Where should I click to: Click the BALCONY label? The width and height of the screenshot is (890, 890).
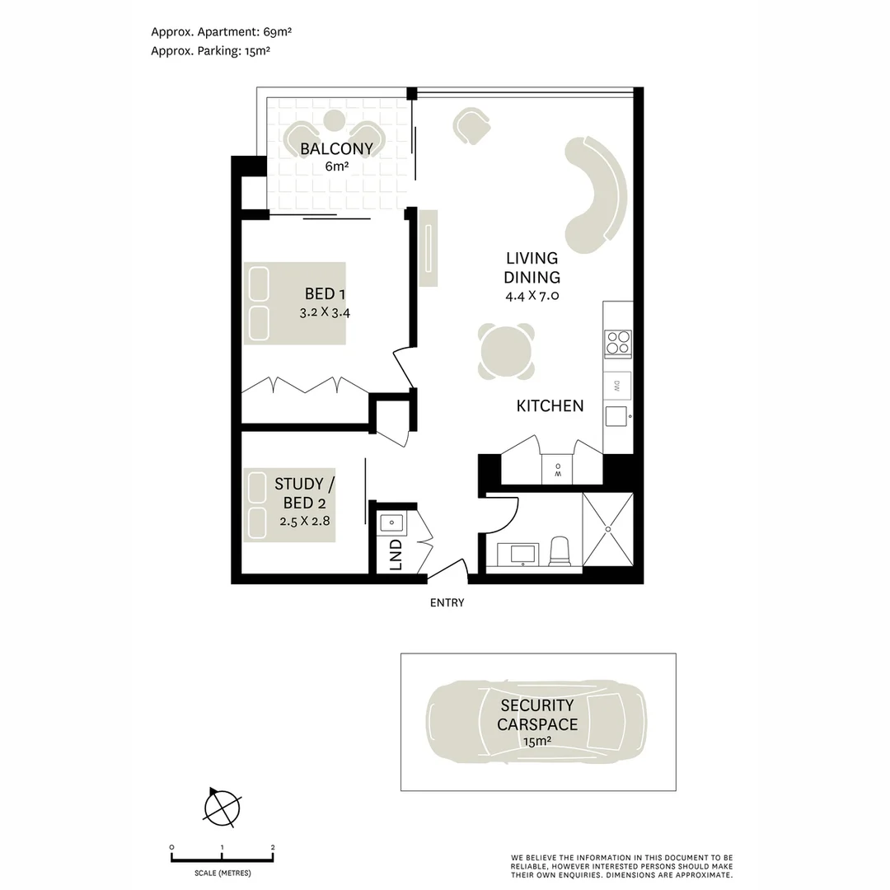click(336, 148)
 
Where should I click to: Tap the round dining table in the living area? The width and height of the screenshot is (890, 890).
click(506, 351)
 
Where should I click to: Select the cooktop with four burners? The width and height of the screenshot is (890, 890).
click(618, 343)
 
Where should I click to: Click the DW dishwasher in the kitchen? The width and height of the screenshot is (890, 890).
click(617, 386)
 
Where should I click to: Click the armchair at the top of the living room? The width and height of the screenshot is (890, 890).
click(471, 126)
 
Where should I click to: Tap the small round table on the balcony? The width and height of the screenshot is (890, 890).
click(335, 119)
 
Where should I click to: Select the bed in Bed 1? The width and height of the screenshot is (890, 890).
click(294, 303)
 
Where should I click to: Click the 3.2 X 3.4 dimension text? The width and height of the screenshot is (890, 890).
click(325, 312)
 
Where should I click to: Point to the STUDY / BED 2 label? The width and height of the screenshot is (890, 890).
click(305, 494)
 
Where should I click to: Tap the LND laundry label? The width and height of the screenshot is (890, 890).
click(396, 555)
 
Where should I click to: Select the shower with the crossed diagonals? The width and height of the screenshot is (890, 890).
click(608, 529)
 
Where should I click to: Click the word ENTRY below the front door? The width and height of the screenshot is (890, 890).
click(447, 602)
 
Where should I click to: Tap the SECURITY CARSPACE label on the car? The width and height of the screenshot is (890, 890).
click(537, 714)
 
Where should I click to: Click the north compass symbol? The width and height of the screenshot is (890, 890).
click(222, 808)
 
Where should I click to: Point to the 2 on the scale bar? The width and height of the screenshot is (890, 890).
click(273, 847)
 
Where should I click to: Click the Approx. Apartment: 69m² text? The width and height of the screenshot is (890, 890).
click(222, 32)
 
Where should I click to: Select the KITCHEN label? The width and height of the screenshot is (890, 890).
click(550, 405)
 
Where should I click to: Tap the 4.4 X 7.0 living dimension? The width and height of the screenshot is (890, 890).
click(532, 295)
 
